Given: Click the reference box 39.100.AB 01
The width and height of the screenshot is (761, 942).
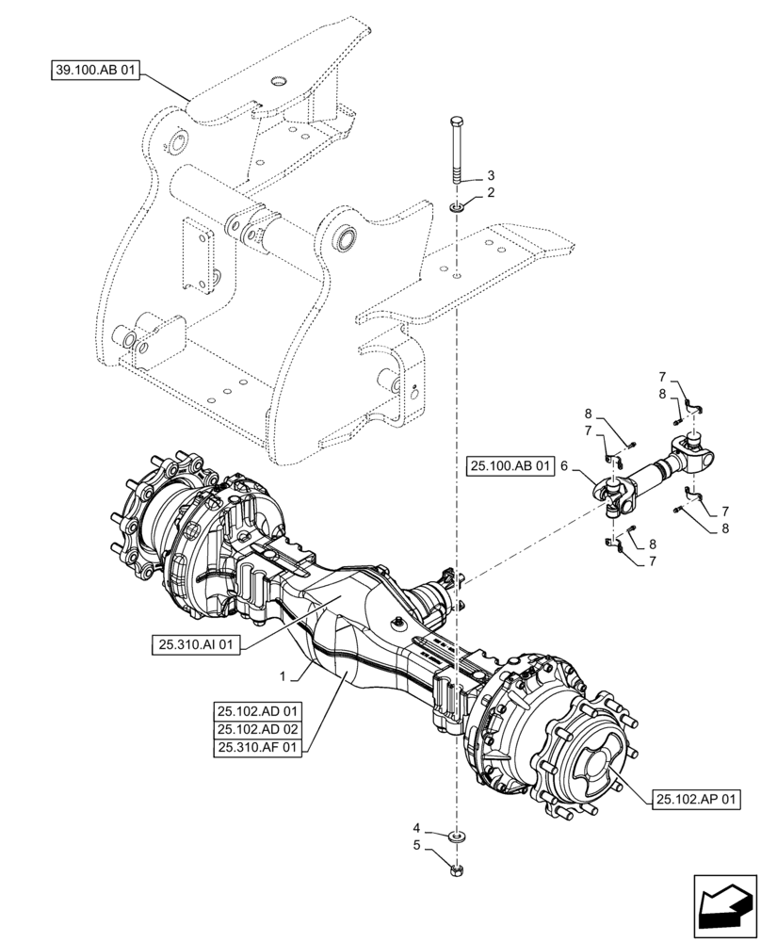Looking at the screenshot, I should (94, 70).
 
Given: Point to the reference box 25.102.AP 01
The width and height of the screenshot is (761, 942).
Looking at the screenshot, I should (695, 799).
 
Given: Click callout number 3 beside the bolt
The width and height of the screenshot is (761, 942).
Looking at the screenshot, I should (490, 176).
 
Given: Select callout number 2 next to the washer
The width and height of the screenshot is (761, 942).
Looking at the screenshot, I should (490, 192).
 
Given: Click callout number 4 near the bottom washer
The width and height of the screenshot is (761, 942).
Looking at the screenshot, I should (416, 829).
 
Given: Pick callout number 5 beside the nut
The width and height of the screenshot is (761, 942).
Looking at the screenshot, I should (416, 846).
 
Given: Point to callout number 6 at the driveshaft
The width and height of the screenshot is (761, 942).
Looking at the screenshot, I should (563, 465).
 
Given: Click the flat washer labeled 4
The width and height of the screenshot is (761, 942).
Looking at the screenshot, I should (457, 835).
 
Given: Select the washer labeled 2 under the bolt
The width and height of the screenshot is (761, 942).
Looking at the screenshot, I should (457, 206).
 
